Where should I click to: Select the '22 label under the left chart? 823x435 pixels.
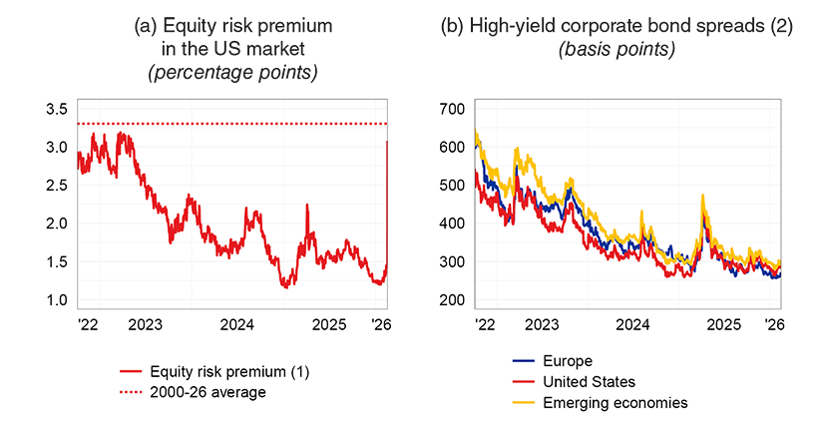tap(88, 324)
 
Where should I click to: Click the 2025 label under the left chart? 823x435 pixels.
tap(328, 324)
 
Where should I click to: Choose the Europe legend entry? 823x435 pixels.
tap(565, 361)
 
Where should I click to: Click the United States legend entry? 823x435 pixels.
tap(589, 382)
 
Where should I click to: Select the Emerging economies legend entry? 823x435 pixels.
tap(615, 403)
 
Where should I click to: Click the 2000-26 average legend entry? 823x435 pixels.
tap(207, 392)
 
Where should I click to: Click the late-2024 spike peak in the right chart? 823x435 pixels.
tap(703, 197)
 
